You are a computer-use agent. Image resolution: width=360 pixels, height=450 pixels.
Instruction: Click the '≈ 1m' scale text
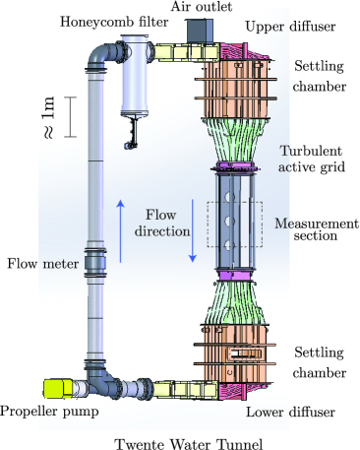[47, 117]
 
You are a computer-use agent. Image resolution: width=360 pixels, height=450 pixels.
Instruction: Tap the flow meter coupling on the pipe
[96, 263]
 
